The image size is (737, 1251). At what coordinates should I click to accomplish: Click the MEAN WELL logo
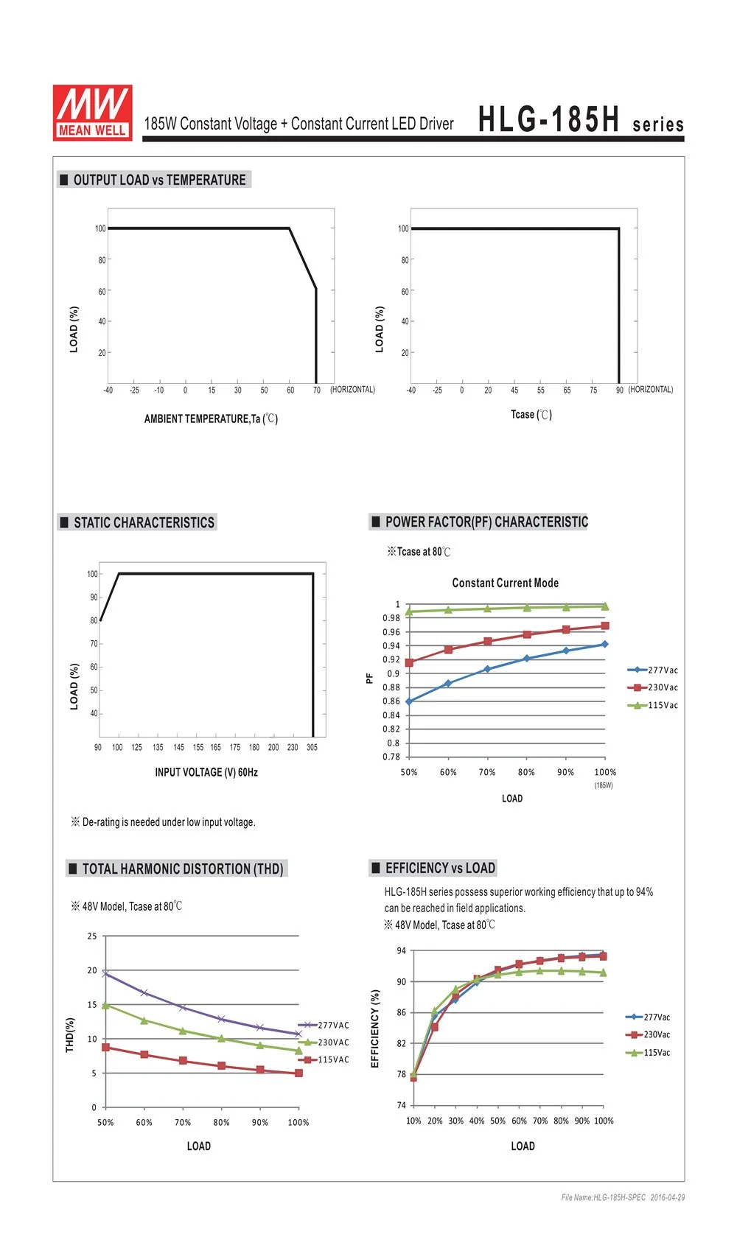(92, 112)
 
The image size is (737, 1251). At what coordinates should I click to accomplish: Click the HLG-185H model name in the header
(549, 119)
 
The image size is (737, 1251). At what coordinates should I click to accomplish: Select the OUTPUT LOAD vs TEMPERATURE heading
(159, 180)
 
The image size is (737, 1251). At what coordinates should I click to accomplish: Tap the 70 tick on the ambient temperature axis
(317, 390)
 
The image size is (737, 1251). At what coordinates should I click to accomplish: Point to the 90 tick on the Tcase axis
(620, 390)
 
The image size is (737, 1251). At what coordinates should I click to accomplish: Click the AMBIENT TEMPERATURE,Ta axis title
(211, 418)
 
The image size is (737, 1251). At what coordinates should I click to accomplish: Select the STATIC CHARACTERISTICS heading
(144, 523)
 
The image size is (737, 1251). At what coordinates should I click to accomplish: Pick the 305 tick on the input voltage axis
(312, 747)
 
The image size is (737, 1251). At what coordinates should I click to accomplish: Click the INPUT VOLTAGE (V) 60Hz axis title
(206, 772)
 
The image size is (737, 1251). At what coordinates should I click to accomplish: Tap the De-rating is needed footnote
(163, 822)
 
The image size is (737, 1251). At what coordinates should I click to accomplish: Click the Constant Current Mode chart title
(505, 583)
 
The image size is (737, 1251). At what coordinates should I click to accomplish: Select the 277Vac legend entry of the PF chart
(653, 670)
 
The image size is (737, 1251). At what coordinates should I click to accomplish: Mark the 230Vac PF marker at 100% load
(605, 625)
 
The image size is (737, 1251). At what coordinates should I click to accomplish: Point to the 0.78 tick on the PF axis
(391, 757)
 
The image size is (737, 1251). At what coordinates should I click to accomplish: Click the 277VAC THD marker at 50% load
(105, 973)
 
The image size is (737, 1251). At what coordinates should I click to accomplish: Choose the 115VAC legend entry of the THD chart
(324, 1059)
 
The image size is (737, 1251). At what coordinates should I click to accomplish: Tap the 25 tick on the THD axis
(92, 936)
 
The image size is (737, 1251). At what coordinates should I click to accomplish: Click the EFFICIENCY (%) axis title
(375, 1029)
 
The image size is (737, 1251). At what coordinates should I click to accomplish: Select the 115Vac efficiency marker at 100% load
(603, 973)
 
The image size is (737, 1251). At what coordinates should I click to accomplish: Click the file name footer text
(623, 1197)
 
